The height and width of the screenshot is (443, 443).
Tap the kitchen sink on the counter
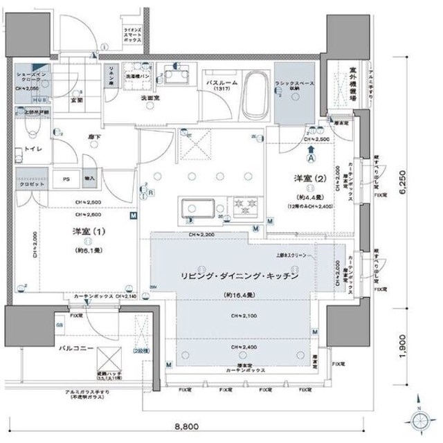(199, 208)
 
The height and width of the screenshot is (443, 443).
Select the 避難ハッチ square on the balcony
(111, 360)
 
